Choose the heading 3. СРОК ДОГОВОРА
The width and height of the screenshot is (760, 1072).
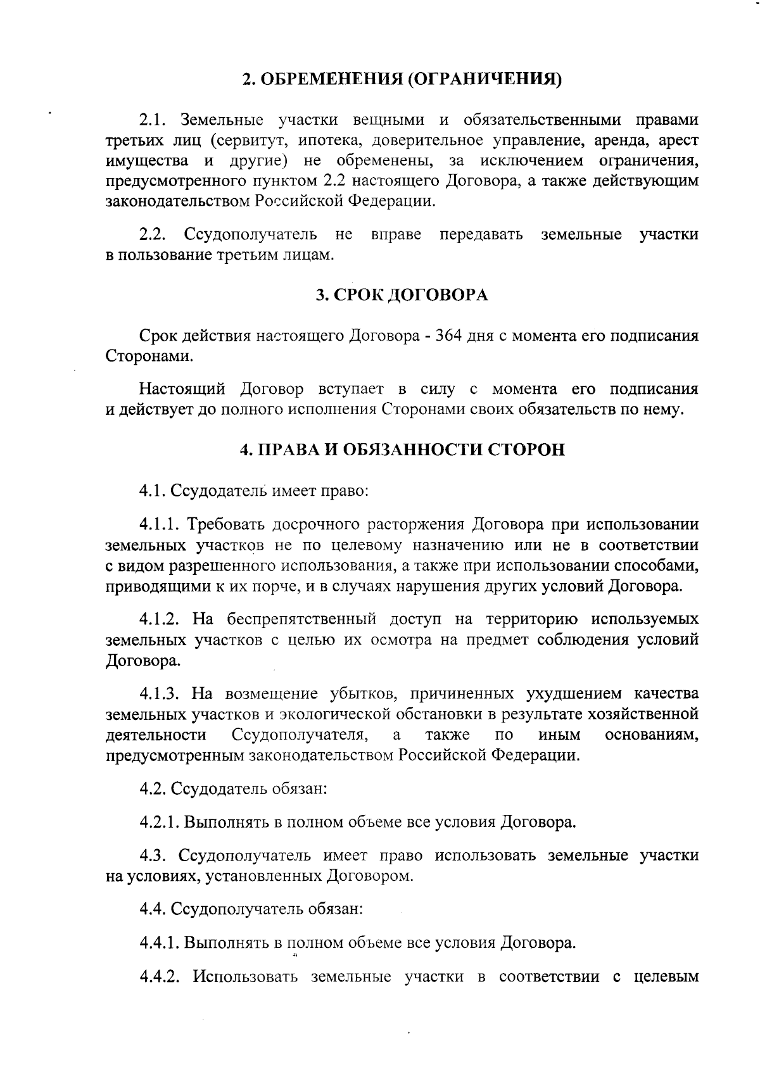click(402, 296)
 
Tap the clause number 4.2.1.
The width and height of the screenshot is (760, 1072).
click(160, 823)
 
